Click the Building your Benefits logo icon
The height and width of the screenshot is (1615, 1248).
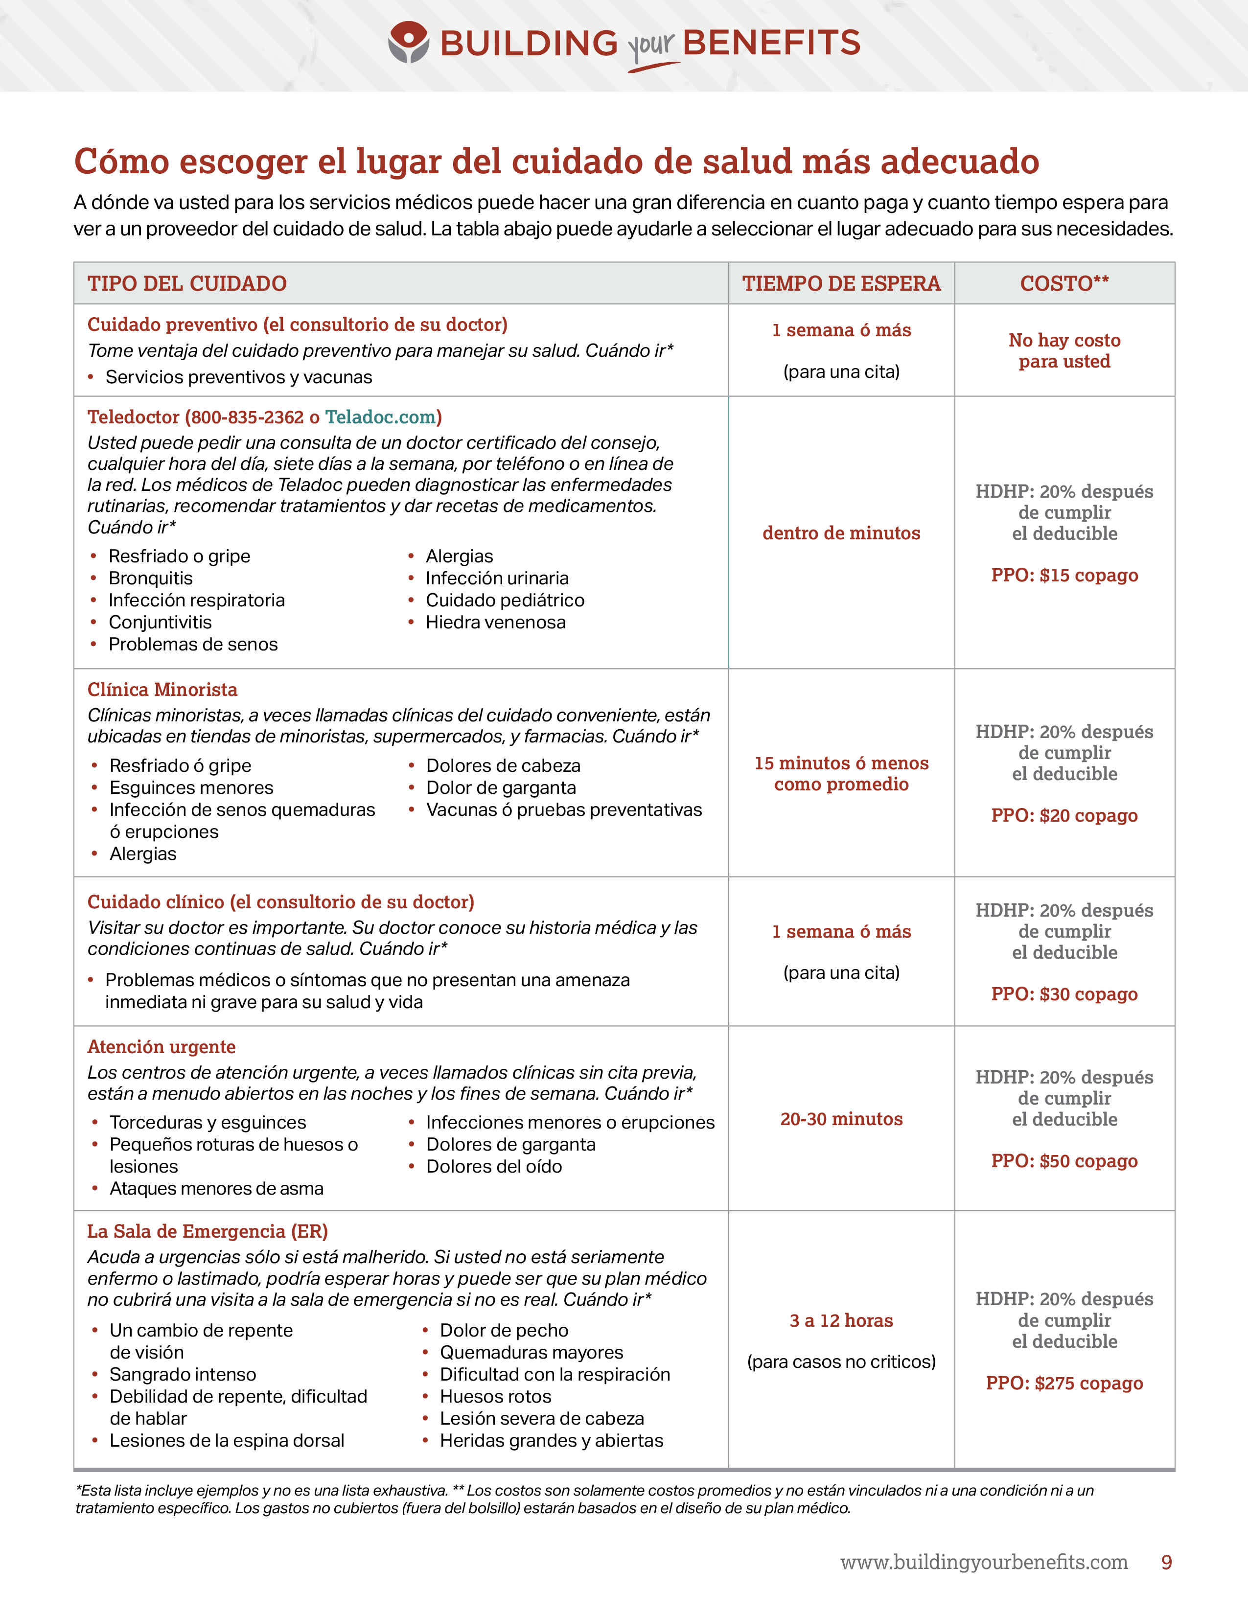408,42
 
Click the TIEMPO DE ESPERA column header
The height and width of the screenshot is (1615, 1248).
841,283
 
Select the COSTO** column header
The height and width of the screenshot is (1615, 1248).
1064,283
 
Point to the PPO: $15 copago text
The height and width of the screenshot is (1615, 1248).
1064,576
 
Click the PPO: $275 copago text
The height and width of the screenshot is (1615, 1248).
1064,1383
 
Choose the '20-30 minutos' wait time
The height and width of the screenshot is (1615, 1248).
841,1119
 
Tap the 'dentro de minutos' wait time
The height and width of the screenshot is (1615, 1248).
841,533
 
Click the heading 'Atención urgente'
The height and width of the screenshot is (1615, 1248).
161,1047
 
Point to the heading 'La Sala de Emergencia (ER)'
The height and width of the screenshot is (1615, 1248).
208,1231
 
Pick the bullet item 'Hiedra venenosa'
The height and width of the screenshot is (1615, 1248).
495,623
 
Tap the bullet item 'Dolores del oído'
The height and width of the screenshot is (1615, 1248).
494,1166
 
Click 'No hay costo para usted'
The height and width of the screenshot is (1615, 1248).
1064,350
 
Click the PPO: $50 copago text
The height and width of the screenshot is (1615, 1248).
1064,1161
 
